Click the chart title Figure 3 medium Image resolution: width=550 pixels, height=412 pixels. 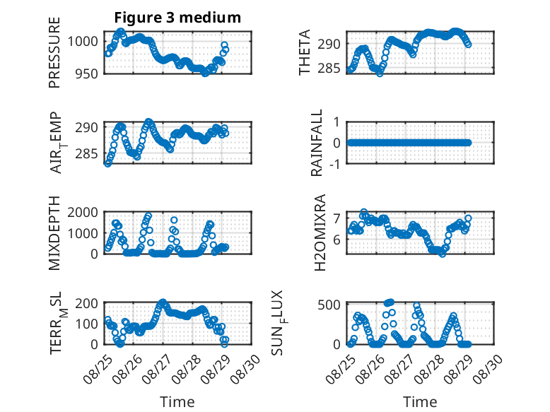177,18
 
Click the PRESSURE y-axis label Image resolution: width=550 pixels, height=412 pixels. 54,52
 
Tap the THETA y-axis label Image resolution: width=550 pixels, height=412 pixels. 305,52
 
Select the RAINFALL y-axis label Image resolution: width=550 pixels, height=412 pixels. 317,143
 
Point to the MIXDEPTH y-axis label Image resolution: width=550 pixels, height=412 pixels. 54,233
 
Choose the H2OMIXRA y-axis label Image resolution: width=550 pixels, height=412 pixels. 320,233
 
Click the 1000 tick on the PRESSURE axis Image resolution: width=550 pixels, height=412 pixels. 83,42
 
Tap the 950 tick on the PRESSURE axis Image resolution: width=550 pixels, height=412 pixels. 87,73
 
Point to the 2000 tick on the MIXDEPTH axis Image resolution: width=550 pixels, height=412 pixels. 83,212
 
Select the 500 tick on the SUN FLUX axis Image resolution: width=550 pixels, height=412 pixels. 329,305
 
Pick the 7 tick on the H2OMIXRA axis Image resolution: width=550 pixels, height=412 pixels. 337,218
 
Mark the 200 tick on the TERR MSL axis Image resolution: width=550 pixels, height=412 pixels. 87,303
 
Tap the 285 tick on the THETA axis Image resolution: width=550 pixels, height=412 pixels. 329,68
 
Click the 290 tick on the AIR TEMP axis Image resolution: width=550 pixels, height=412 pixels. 87,127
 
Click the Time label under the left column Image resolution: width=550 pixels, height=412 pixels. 177,402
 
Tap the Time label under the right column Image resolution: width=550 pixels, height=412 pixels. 420,402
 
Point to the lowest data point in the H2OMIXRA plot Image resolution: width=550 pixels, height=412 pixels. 443,254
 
